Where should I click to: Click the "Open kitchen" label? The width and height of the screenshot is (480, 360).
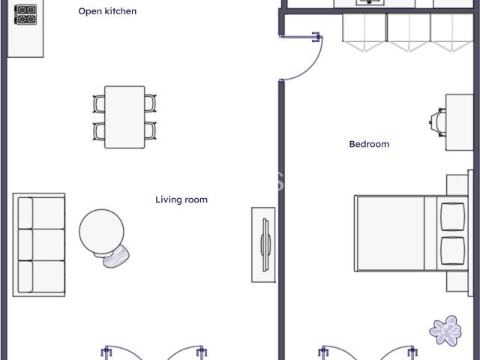pos(107,11)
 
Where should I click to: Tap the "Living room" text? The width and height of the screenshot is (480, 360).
pos(181,199)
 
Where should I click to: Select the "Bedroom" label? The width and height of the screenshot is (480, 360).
pos(369,144)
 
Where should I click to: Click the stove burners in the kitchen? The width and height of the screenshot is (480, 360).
pos(26,15)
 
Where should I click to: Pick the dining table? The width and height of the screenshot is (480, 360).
pos(124,117)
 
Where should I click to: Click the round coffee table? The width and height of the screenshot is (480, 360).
pos(102,232)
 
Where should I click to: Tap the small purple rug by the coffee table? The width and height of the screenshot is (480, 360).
pos(116,256)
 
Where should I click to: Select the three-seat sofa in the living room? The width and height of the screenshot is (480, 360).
pos(39,245)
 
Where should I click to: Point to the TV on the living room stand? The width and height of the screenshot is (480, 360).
pos(265,245)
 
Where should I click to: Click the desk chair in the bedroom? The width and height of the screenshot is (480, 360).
pos(438,122)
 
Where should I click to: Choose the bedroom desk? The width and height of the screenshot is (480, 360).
pos(460,122)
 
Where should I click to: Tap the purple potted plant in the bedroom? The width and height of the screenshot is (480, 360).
pos(445,331)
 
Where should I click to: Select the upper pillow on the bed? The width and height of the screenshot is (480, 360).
pos(453,217)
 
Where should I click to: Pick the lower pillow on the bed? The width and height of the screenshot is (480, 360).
pos(453,251)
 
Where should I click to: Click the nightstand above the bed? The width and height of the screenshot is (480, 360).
pos(457,185)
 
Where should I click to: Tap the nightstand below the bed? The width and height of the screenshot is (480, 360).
pos(457,282)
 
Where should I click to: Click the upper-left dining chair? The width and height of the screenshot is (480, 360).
pos(99,103)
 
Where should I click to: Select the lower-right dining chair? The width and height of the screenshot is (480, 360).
pos(150,130)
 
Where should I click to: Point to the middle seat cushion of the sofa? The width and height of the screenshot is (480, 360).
pos(41,245)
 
